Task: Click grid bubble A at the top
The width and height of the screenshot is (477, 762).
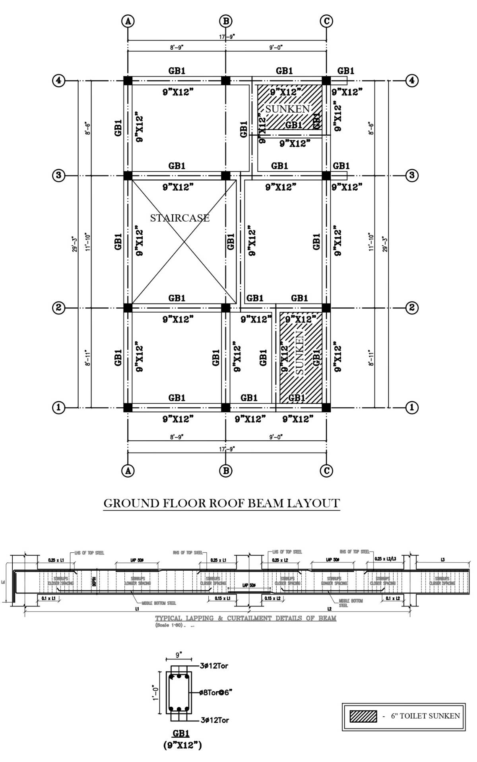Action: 128,21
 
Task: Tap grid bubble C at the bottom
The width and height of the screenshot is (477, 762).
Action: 326,471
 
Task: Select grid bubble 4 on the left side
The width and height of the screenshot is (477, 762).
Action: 59,81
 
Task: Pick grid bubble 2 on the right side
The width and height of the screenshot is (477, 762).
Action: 411,307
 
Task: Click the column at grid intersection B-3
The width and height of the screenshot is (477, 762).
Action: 225,175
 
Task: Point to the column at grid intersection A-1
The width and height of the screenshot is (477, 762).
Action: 128,407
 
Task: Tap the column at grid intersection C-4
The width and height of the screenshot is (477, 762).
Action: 326,81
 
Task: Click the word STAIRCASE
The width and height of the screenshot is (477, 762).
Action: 180,218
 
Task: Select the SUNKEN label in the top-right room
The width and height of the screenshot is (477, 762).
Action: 287,109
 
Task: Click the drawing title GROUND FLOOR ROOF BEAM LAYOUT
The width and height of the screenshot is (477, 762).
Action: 221,503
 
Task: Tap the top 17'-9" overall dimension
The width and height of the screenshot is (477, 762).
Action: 227,37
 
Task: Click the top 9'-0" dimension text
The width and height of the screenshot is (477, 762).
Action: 276,47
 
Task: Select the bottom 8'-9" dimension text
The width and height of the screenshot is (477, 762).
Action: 176,437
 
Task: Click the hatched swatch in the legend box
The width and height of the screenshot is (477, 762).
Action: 363,716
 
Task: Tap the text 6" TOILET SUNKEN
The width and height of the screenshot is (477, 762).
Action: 425,716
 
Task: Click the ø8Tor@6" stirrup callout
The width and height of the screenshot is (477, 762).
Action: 216,692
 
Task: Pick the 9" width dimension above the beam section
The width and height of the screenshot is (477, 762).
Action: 179,655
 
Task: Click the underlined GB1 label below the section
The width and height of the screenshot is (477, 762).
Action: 181,733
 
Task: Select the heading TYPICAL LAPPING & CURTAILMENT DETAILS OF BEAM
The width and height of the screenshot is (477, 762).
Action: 245,618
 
